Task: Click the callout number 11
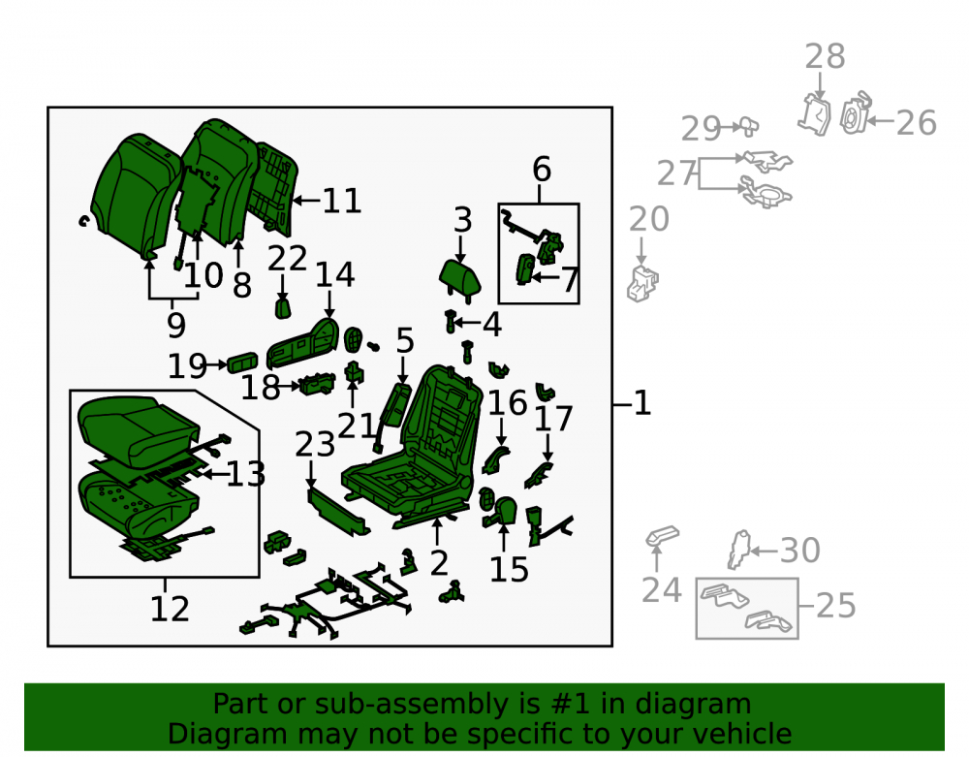[x=342, y=201]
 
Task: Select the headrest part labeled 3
[x=459, y=279]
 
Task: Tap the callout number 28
[x=825, y=57]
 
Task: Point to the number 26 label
[x=917, y=122]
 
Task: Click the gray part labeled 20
[x=642, y=284]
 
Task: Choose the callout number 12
[x=170, y=610]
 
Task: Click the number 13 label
[x=246, y=474]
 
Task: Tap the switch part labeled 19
[x=242, y=363]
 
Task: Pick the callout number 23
[x=315, y=444]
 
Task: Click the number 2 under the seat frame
[x=439, y=563]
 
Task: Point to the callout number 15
[x=509, y=570]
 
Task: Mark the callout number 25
[x=835, y=606]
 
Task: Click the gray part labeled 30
[x=738, y=550]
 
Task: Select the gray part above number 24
[x=662, y=536]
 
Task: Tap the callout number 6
[x=542, y=170]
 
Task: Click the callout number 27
[x=676, y=173]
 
